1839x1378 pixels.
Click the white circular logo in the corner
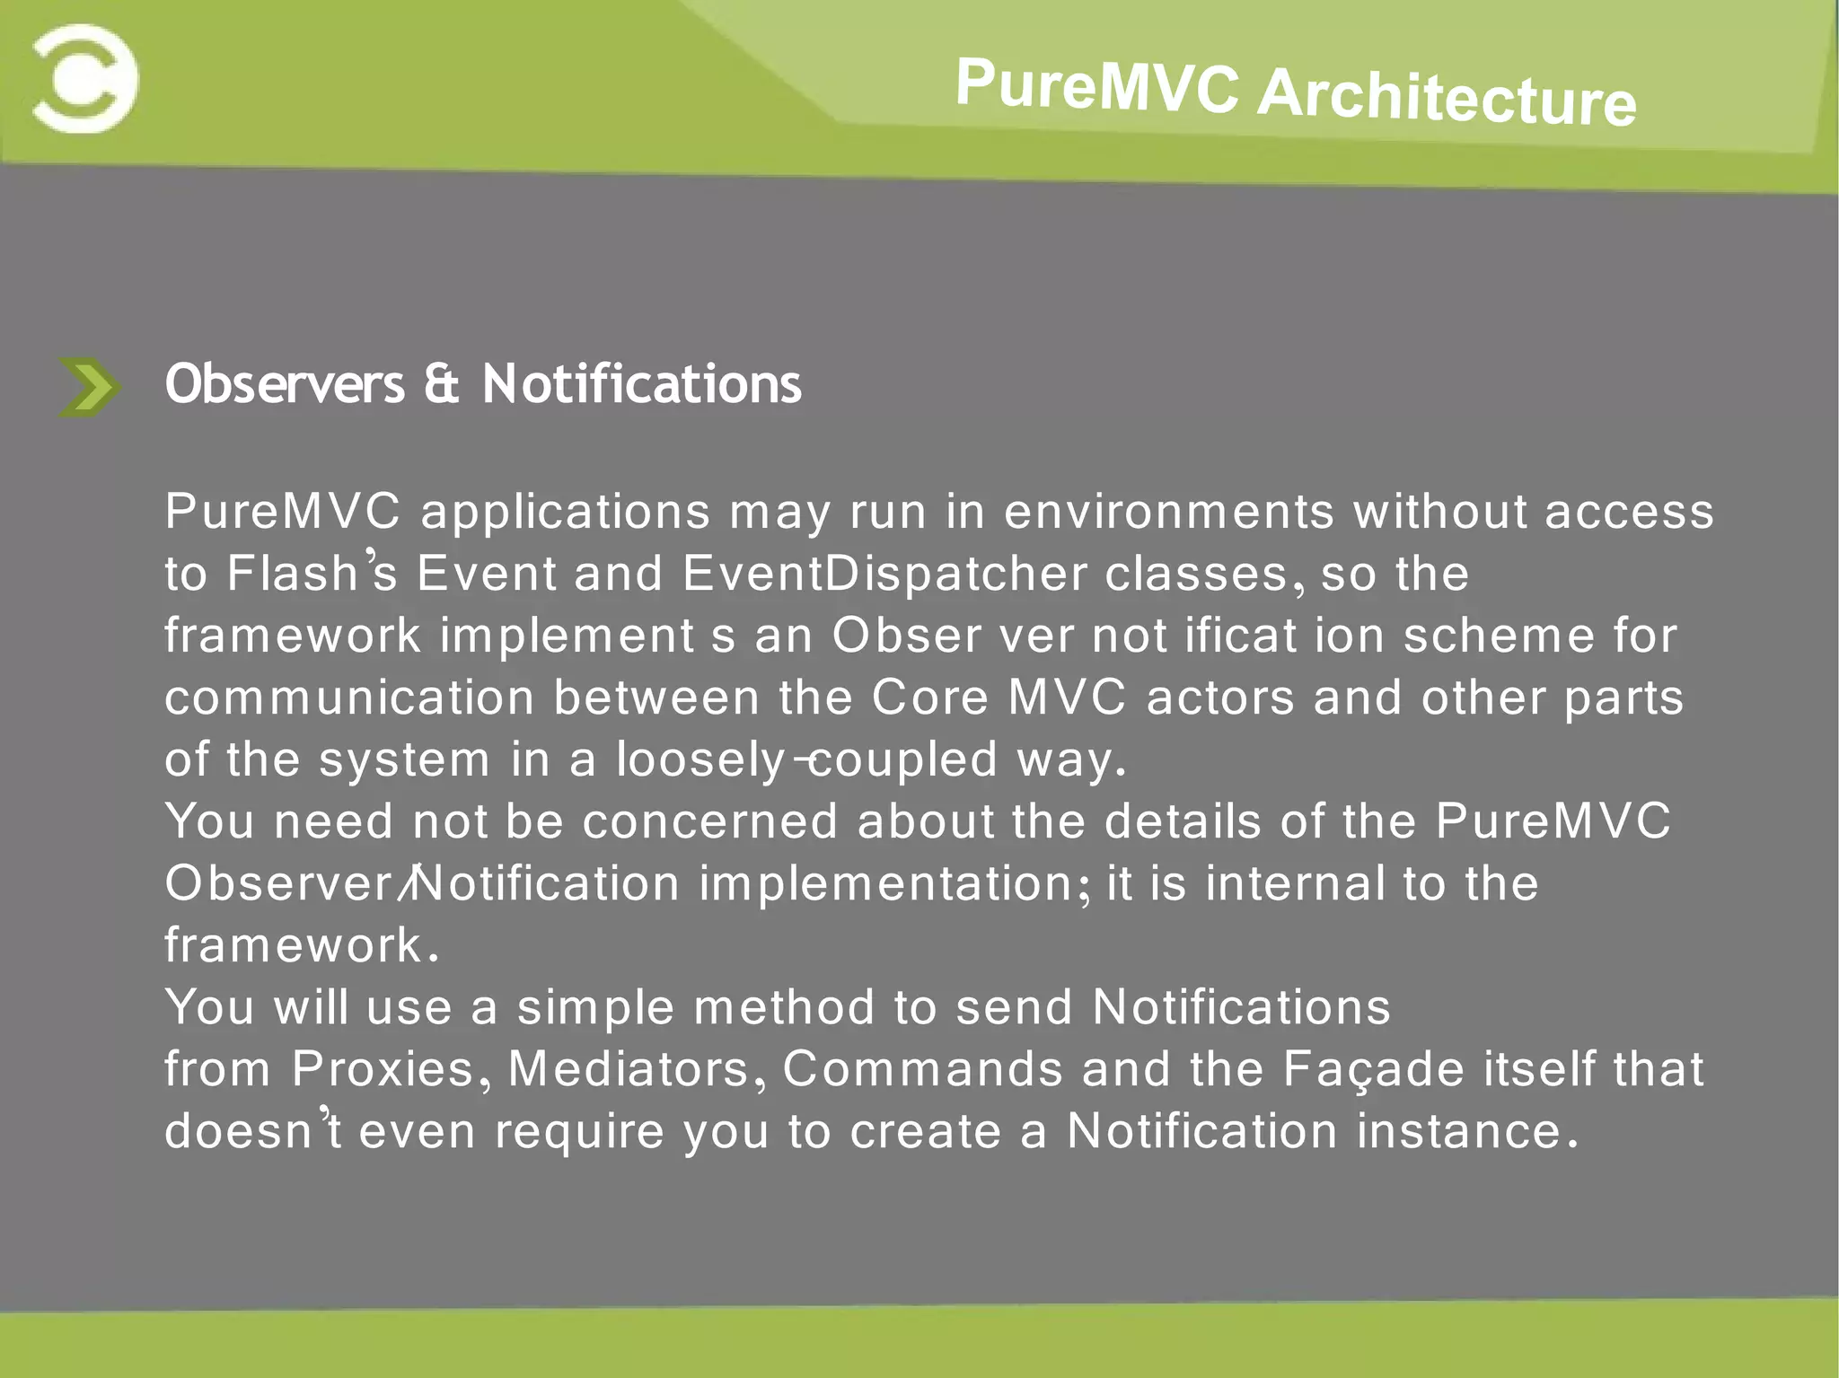(x=84, y=79)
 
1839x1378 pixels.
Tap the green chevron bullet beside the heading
(x=88, y=387)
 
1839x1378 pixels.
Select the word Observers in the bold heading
(x=285, y=384)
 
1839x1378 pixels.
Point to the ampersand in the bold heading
(x=442, y=384)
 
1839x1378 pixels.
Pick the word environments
(x=1168, y=512)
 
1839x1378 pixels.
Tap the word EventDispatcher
(x=884, y=575)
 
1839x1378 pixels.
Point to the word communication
(x=349, y=698)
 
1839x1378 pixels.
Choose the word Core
(x=929, y=698)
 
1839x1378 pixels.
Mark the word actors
(x=1220, y=698)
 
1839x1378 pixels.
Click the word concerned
(x=709, y=821)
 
